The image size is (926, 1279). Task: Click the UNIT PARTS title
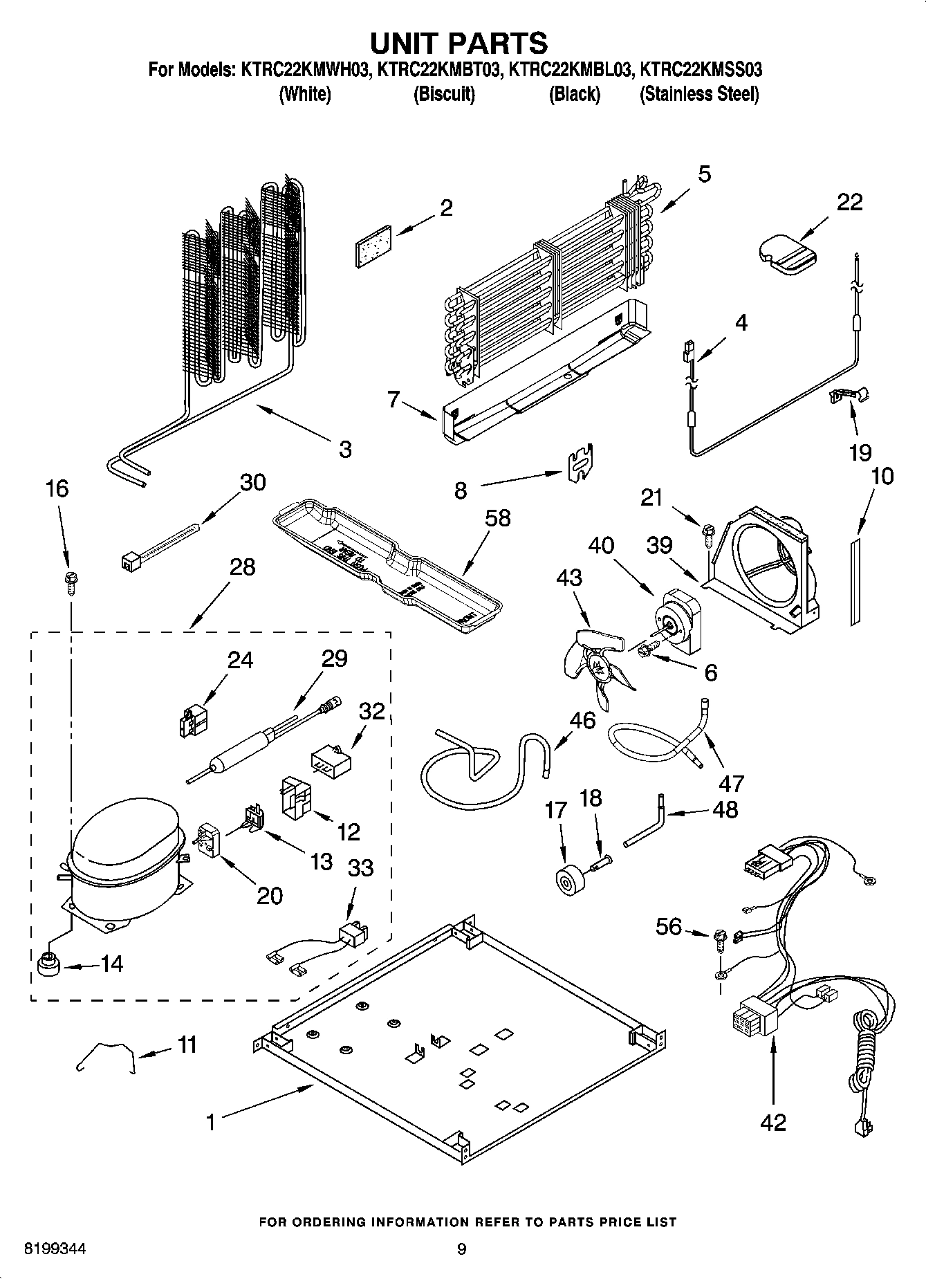(x=459, y=43)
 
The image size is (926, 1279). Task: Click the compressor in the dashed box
(x=124, y=865)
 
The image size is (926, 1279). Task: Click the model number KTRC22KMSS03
(x=701, y=70)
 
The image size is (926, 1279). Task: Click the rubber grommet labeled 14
(x=47, y=964)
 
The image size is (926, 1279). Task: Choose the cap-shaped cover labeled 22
(x=787, y=254)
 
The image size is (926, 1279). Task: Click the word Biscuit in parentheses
(x=444, y=94)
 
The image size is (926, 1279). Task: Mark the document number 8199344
(x=55, y=1249)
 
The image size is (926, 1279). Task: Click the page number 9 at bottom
(x=461, y=1249)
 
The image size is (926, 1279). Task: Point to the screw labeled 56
(x=719, y=938)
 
